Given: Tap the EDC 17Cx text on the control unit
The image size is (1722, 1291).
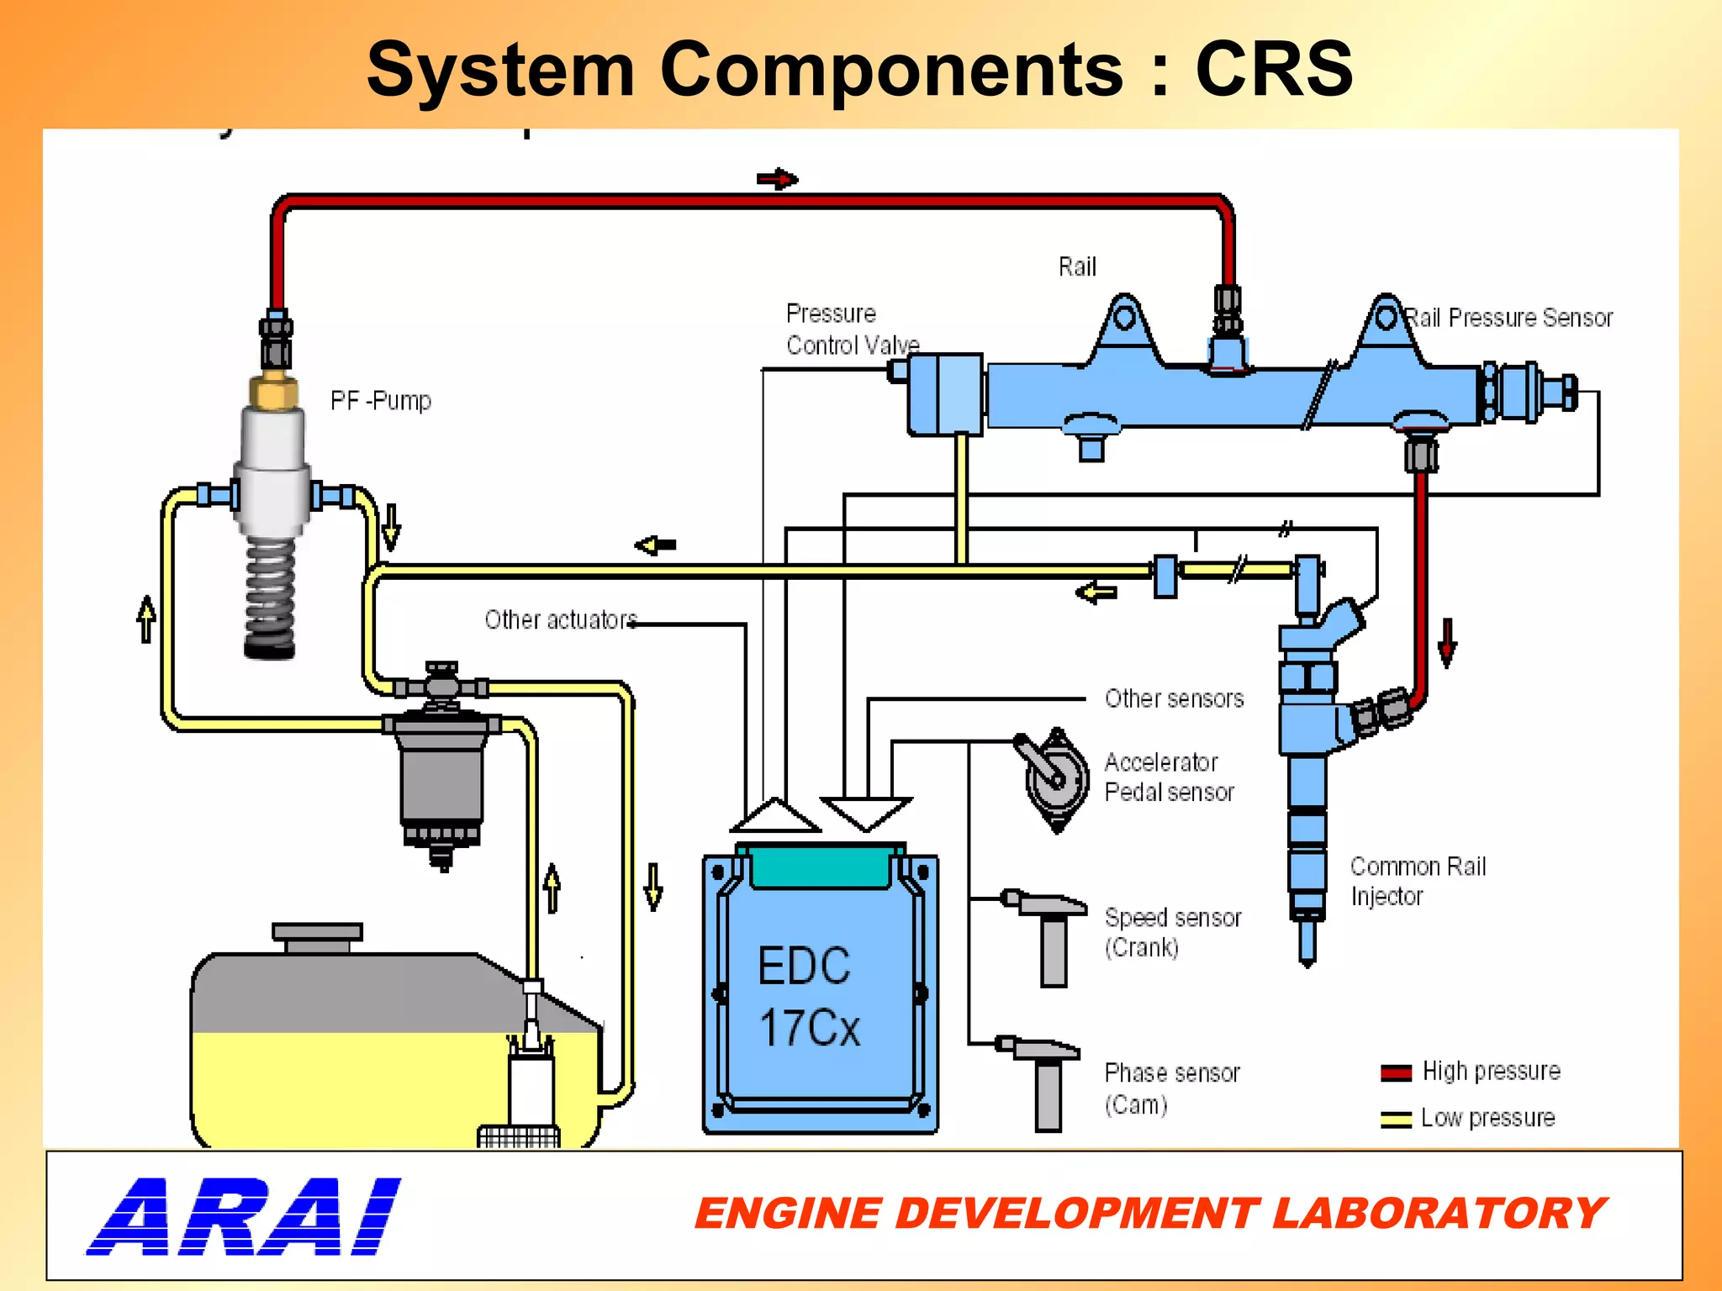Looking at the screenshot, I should (x=808, y=997).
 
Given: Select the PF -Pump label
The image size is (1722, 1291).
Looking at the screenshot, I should (x=380, y=401).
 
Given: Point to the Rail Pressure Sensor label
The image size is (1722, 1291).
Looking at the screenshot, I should (x=1509, y=319).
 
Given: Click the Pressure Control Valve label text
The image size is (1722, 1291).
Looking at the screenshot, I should (x=851, y=329).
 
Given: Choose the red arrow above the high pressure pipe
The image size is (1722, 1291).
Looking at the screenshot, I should (x=777, y=179).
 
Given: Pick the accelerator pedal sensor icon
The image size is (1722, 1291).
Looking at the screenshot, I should (x=1054, y=778).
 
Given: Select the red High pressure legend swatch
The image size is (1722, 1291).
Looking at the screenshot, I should (x=1396, y=1072).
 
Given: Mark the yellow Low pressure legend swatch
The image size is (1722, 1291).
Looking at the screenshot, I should (x=1396, y=1120).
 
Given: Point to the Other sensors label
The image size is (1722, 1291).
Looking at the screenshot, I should (x=1174, y=698).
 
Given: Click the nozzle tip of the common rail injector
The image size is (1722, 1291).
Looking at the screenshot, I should (x=1307, y=950).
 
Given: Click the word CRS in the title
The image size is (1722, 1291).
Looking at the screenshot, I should (x=1273, y=69).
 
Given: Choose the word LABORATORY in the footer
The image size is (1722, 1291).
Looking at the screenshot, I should (x=1439, y=1214).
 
